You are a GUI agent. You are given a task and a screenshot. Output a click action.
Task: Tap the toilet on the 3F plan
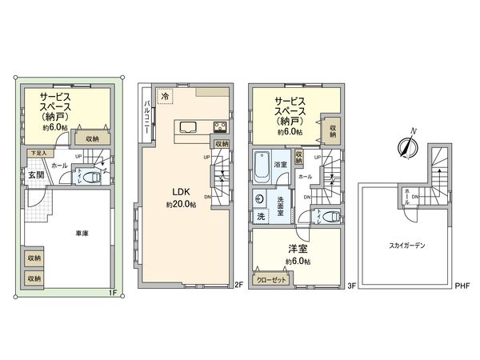pyautogui.click(x=334, y=216)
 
